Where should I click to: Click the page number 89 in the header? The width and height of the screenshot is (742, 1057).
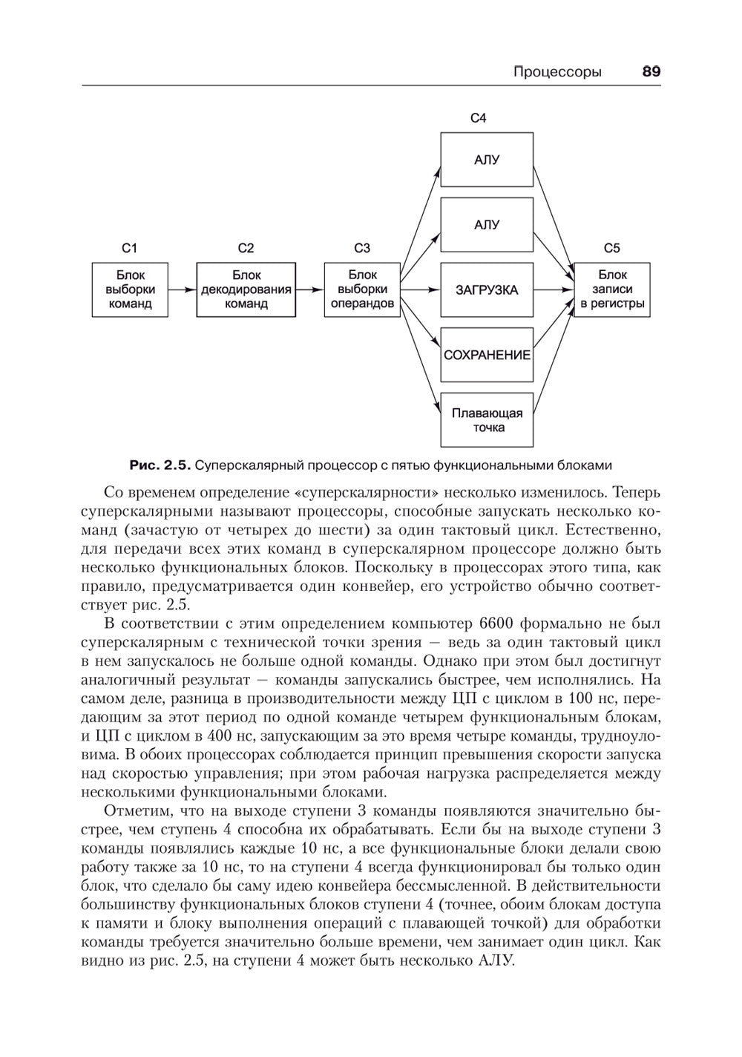(651, 72)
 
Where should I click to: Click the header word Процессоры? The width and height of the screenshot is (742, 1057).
(557, 72)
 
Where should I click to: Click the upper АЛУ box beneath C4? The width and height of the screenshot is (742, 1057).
(487, 160)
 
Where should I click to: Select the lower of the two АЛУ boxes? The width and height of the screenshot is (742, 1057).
(487, 225)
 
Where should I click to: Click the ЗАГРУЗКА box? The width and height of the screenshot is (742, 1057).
(487, 290)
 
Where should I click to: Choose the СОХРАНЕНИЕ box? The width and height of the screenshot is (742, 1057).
(487, 355)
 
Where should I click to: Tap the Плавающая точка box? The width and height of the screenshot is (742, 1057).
(487, 420)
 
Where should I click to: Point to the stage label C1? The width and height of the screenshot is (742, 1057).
(129, 249)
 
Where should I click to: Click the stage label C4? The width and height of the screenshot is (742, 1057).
(479, 118)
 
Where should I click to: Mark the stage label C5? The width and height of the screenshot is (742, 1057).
(612, 249)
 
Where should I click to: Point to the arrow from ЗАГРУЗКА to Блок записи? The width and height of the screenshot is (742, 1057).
(554, 290)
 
